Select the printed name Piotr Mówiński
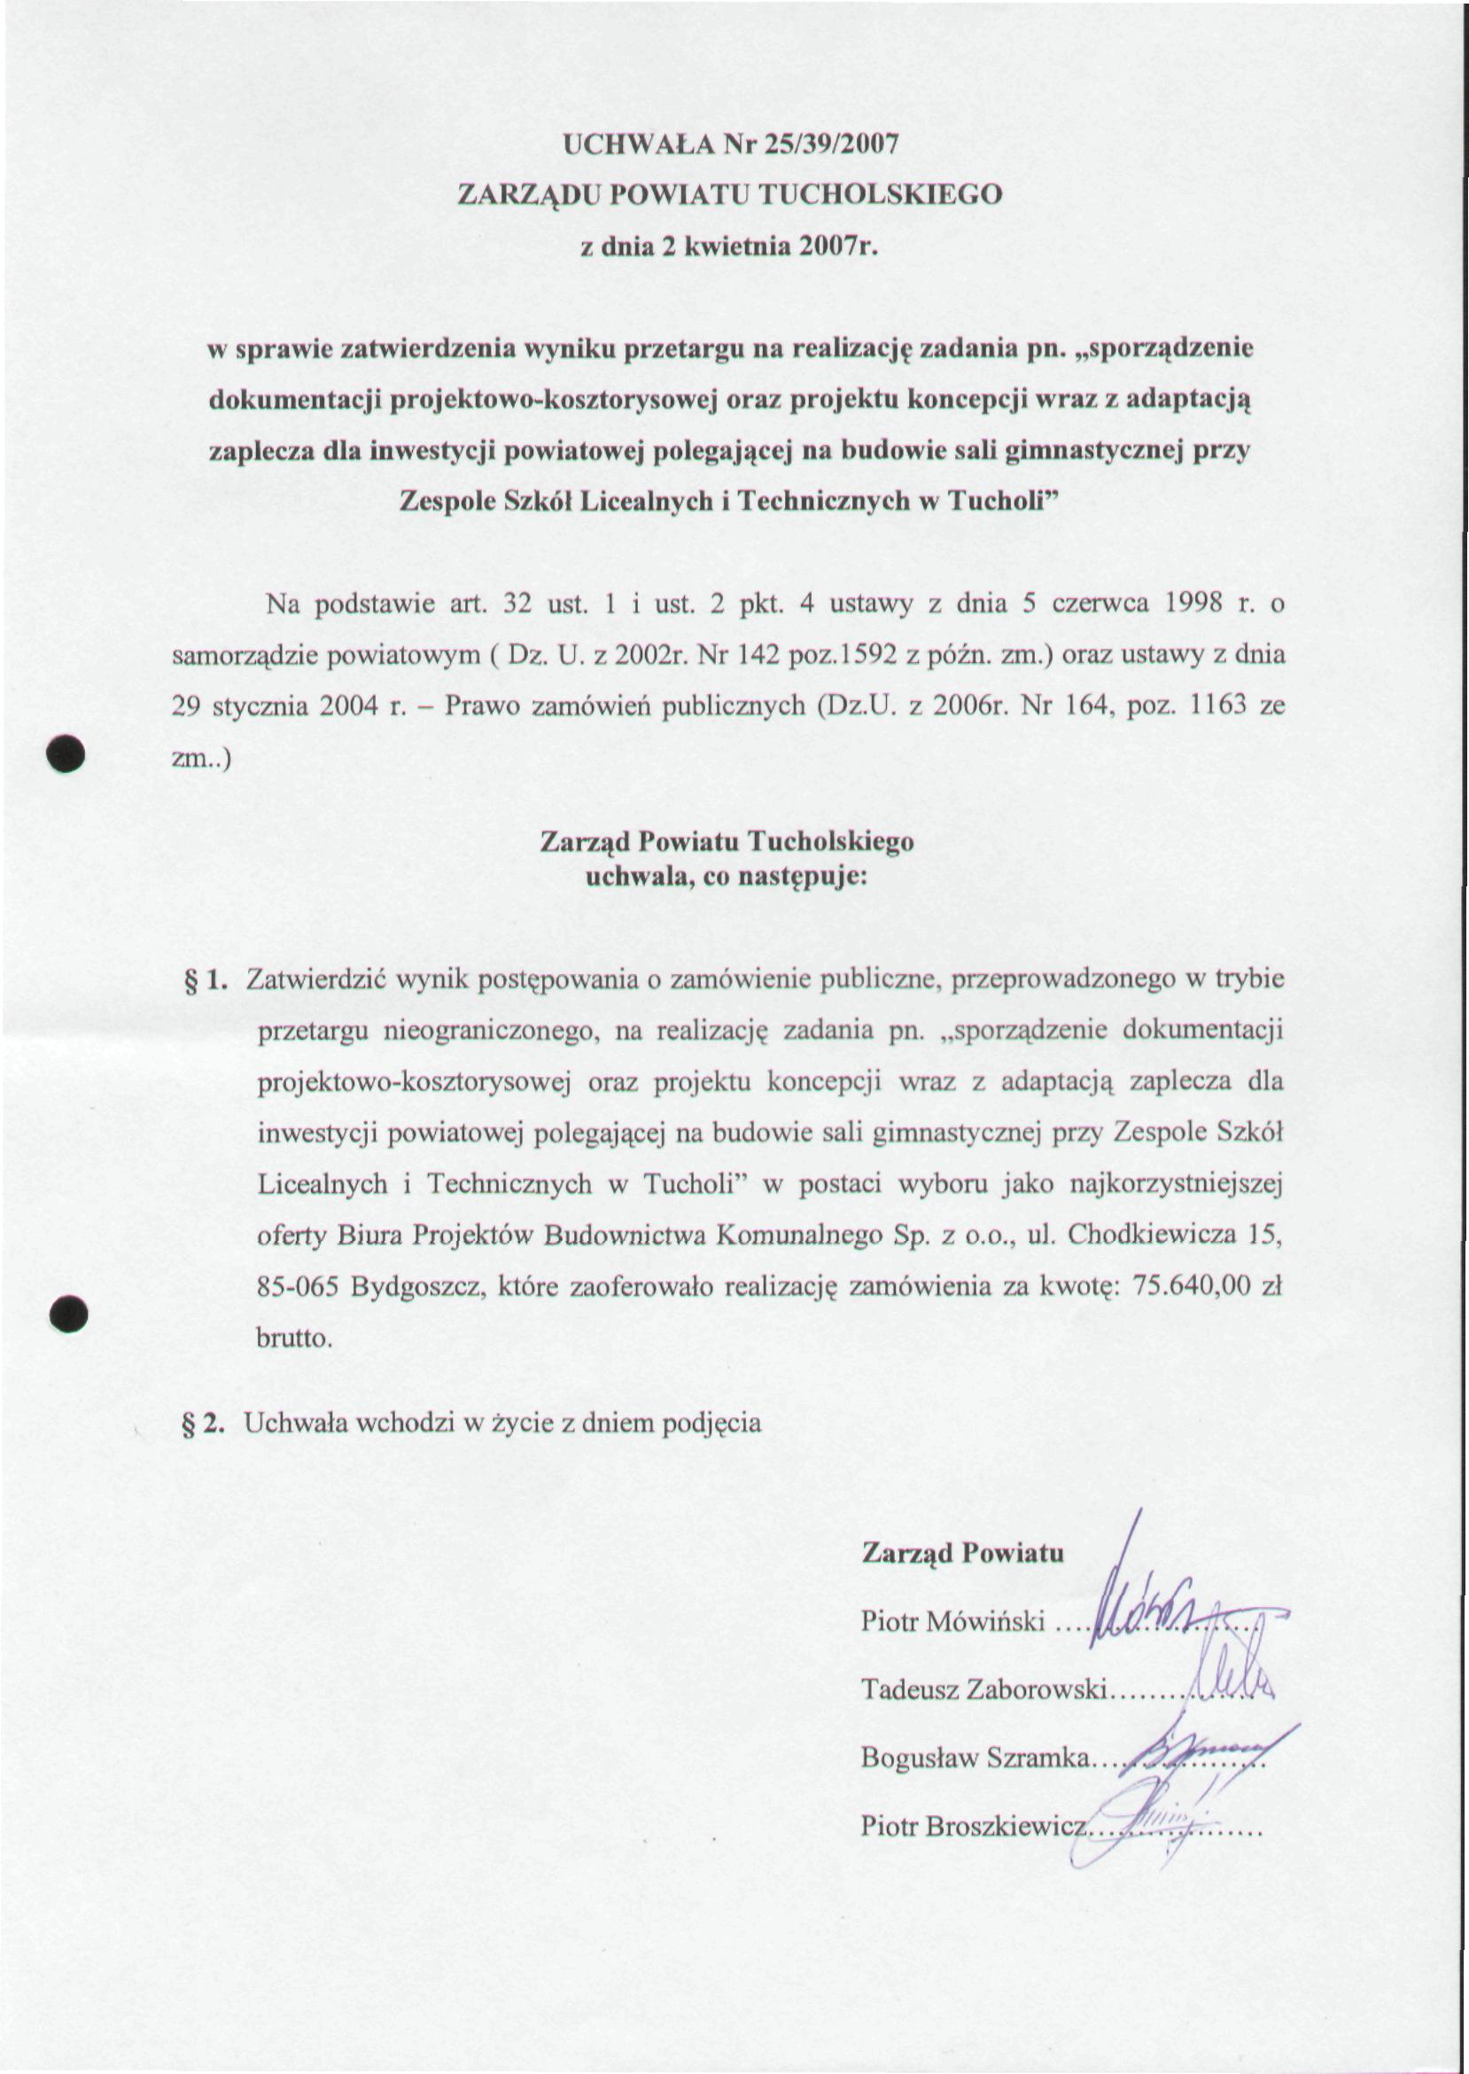click(952, 1622)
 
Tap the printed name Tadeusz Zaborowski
click(984, 1689)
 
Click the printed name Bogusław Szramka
click(976, 1758)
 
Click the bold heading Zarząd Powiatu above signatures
click(962, 1553)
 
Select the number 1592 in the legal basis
click(855, 655)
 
